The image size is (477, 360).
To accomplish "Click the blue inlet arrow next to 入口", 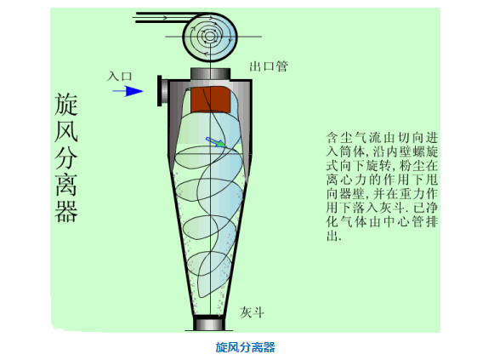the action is pos(128,91).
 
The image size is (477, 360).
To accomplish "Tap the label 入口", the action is pos(119,76).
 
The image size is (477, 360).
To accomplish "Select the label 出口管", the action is pos(269,66).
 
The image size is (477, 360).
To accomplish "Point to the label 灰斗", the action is pos(252,312).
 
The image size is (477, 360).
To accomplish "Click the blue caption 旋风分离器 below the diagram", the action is pos(245,347).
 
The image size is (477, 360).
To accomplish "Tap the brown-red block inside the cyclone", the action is pos(210,99).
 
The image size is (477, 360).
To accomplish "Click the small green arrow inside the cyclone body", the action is pos(216,142).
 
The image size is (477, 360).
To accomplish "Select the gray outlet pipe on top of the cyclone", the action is pos(210,74).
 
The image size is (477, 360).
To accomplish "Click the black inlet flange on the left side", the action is pos(159,91).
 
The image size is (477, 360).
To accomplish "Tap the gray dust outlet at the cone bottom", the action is pos(210,323).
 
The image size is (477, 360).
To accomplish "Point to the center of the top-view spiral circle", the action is pos(210,37).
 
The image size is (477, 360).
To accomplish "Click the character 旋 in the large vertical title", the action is pos(66,105).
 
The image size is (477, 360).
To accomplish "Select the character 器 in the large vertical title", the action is pos(66,211).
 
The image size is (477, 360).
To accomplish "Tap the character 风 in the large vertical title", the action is pos(66,131).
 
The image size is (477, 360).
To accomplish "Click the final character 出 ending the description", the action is pos(332,236).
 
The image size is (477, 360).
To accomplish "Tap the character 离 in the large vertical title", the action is pos(66,185).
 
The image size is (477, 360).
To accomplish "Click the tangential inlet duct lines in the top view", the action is pos(164,17).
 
